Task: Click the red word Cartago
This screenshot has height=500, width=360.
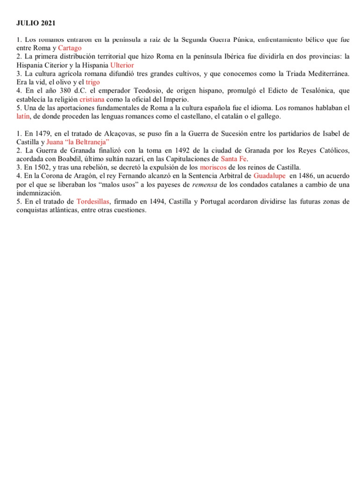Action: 70,48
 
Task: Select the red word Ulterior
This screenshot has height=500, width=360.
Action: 122,65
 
